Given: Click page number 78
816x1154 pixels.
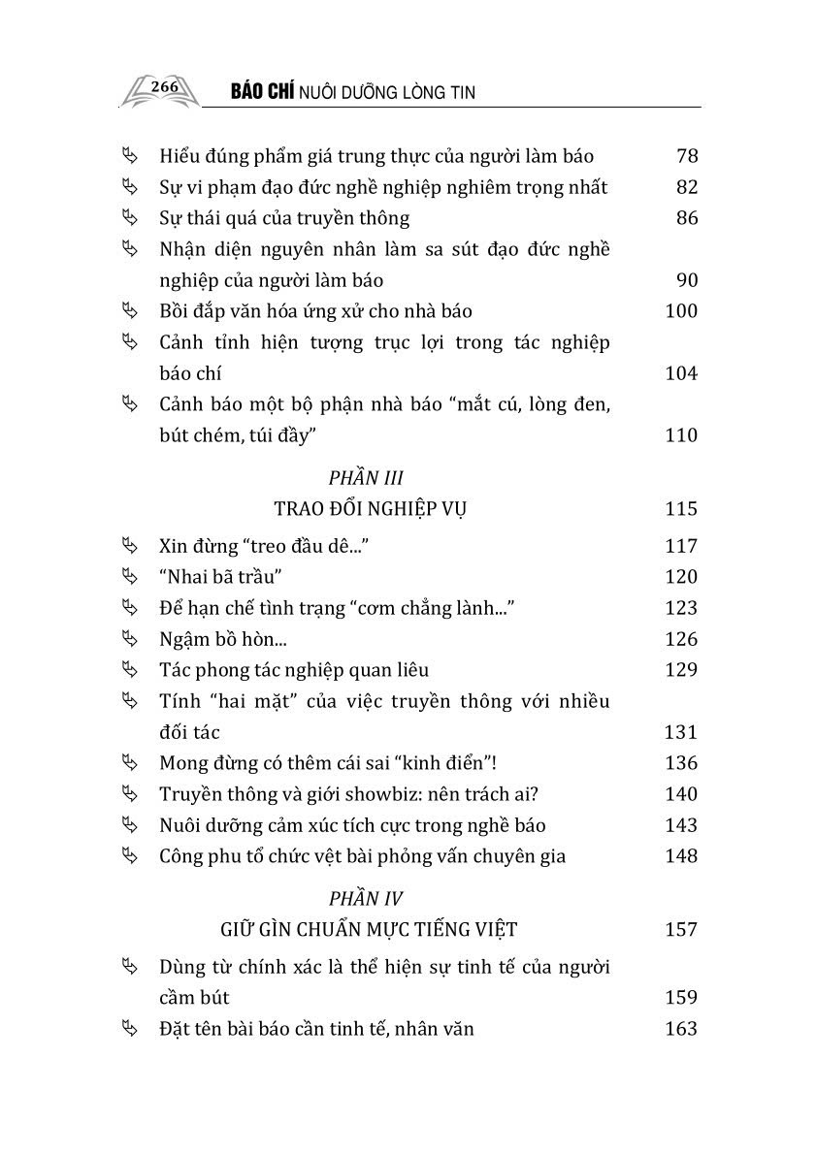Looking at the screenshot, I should (x=686, y=156).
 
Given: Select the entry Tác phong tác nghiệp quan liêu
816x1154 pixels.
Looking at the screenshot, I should (x=294, y=670).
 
